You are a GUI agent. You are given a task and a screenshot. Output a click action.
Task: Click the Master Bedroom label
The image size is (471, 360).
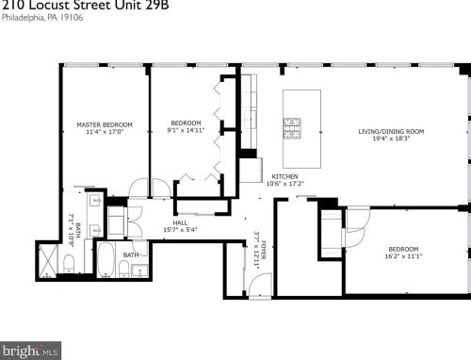click(x=104, y=124)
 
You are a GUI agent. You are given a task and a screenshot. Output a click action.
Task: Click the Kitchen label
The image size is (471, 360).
click(x=284, y=176)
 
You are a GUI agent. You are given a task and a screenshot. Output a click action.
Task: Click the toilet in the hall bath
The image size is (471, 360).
click(x=138, y=272)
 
